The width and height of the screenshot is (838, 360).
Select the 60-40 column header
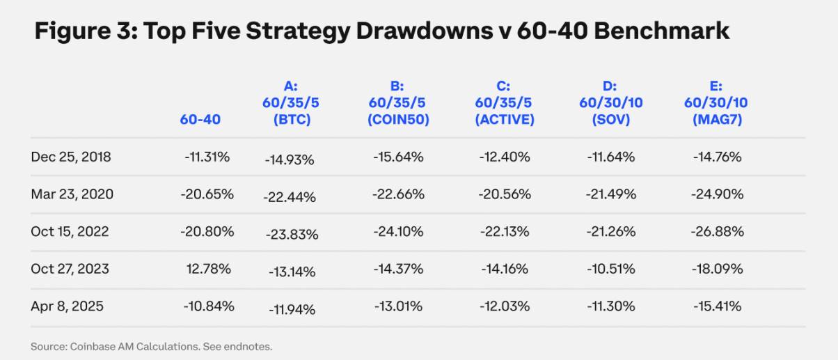pyautogui.click(x=200, y=119)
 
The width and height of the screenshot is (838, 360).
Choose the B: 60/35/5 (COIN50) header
pyautogui.click(x=398, y=103)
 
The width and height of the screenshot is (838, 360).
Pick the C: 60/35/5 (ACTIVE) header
pyautogui.click(x=504, y=103)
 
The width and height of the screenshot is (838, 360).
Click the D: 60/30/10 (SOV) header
pyautogui.click(x=610, y=103)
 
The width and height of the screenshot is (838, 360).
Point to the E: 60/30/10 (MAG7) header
pyautogui.click(x=716, y=103)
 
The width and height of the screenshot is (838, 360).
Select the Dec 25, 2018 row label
pyautogui.click(x=70, y=157)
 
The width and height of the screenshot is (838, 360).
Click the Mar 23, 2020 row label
pyautogui.click(x=72, y=194)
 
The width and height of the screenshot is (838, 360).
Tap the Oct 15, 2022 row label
pyautogui.click(x=70, y=232)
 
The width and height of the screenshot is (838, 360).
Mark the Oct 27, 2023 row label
pyautogui.click(x=70, y=269)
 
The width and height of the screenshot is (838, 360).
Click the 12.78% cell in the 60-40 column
pyautogui.click(x=209, y=269)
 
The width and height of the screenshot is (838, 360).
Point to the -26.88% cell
pyautogui.click(x=718, y=232)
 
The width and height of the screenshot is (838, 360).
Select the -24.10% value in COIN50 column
pyautogui.click(x=399, y=232)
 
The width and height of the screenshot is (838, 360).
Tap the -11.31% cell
pyautogui.click(x=209, y=157)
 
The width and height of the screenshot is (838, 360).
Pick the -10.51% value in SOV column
pyautogui.click(x=611, y=269)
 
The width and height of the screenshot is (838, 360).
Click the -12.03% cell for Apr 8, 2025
pyautogui.click(x=505, y=306)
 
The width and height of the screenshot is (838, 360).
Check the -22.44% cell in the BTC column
pyautogui.click(x=290, y=197)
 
